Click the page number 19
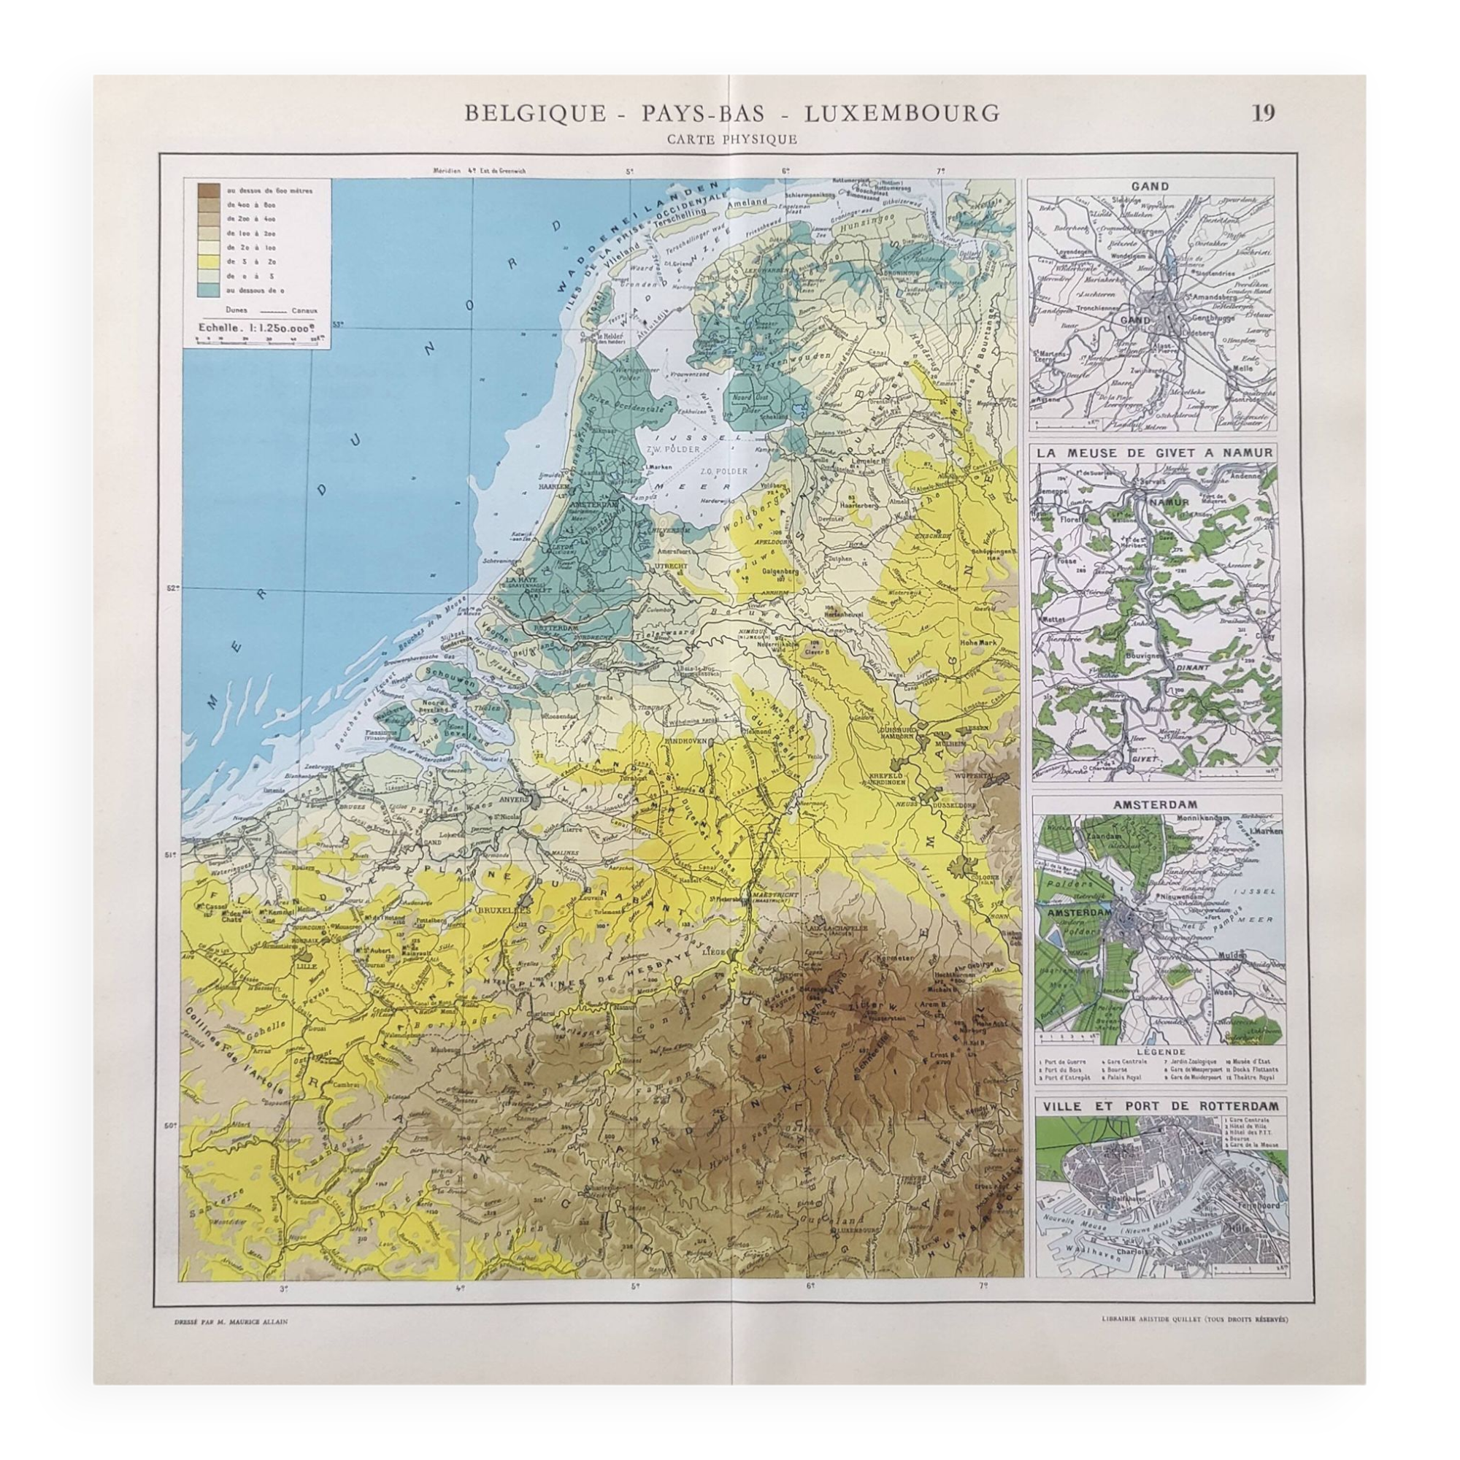pyautogui.click(x=1264, y=112)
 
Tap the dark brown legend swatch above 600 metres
pyautogui.click(x=210, y=191)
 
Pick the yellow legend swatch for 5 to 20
pyautogui.click(x=210, y=261)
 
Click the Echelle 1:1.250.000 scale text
pyautogui.click(x=255, y=328)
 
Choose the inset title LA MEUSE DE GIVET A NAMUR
pyautogui.click(x=1157, y=453)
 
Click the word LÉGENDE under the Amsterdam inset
pyautogui.click(x=1157, y=1051)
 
